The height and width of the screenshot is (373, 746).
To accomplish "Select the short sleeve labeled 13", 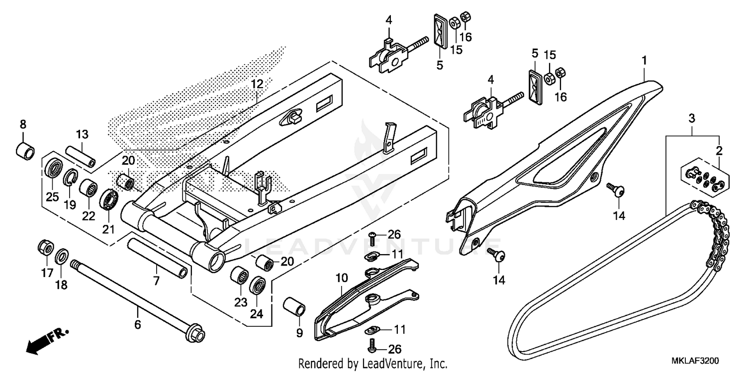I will coord(81,157).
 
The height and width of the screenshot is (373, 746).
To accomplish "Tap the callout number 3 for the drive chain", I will coord(691,118).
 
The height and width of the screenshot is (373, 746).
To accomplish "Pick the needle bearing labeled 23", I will coord(240,276).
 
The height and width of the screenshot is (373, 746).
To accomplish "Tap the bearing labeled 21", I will coord(109,200).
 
